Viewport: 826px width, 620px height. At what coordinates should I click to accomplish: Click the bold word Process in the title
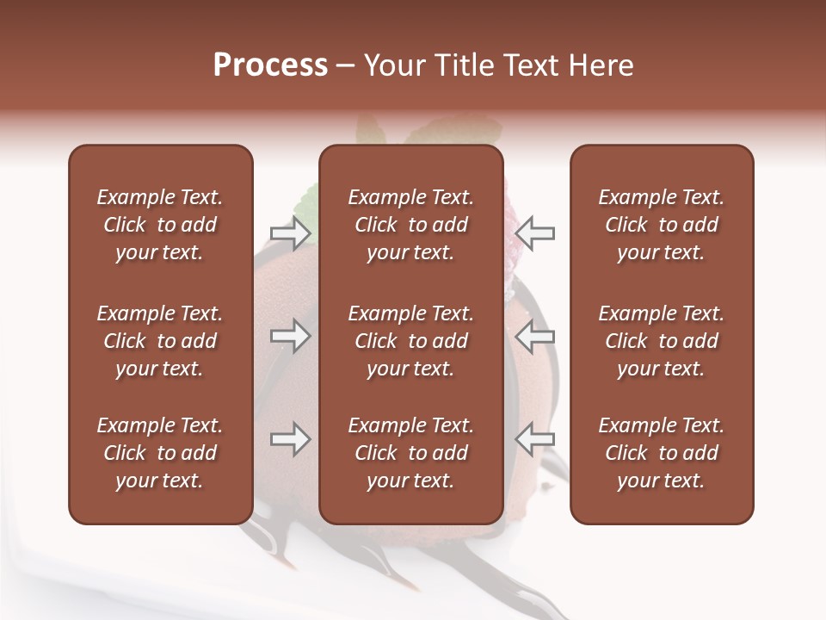(x=270, y=65)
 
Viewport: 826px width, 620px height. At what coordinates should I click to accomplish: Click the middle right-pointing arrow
(x=291, y=337)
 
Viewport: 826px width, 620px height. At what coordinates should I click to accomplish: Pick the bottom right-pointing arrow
(x=291, y=439)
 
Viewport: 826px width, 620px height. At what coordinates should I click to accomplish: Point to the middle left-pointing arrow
(x=534, y=337)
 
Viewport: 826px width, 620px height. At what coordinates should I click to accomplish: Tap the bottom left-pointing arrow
(x=534, y=439)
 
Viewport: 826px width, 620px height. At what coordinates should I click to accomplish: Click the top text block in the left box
(x=160, y=225)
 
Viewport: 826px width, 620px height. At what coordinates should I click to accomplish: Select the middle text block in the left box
(x=160, y=341)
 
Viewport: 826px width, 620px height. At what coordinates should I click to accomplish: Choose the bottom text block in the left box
(x=160, y=453)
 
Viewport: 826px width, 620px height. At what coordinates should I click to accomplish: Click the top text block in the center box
(x=410, y=225)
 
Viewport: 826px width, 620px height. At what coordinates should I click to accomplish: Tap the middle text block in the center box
(x=410, y=341)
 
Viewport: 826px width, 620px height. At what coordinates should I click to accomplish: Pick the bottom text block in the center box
(x=410, y=453)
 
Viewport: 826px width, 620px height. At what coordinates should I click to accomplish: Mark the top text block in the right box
(x=661, y=225)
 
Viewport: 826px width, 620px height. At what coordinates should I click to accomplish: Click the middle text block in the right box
(x=661, y=341)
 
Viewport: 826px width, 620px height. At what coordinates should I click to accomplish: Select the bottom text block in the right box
(x=661, y=453)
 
